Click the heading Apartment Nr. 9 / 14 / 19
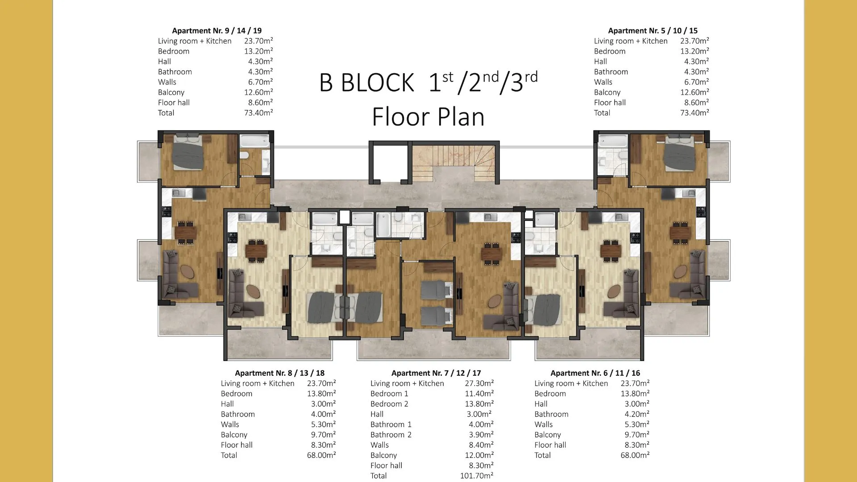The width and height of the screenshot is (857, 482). click(x=217, y=31)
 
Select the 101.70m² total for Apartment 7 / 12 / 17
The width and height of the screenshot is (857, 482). click(x=477, y=476)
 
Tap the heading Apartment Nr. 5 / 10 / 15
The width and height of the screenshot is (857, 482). click(x=653, y=31)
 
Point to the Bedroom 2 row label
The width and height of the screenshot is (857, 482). click(x=389, y=404)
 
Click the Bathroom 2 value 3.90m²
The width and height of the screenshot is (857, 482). click(x=481, y=435)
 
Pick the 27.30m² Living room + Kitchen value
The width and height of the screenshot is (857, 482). click(x=479, y=383)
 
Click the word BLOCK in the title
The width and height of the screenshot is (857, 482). click(x=378, y=83)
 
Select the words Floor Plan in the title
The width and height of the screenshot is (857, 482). click(x=428, y=117)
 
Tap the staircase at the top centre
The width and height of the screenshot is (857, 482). click(x=454, y=163)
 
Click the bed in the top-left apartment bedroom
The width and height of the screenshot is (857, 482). click(x=188, y=152)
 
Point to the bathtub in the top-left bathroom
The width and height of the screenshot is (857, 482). click(x=255, y=141)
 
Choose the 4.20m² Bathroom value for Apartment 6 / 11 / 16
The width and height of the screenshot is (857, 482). click(x=637, y=414)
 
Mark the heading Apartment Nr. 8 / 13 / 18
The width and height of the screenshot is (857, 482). click(x=280, y=373)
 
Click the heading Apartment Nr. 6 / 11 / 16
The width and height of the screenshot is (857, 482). click(x=595, y=373)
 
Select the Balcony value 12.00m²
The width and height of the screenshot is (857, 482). click(x=479, y=455)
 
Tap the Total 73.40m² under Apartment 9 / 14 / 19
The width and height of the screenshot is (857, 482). click(x=258, y=113)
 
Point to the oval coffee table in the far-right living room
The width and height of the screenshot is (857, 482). click(x=680, y=271)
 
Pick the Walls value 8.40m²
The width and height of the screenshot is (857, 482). click(x=481, y=445)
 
